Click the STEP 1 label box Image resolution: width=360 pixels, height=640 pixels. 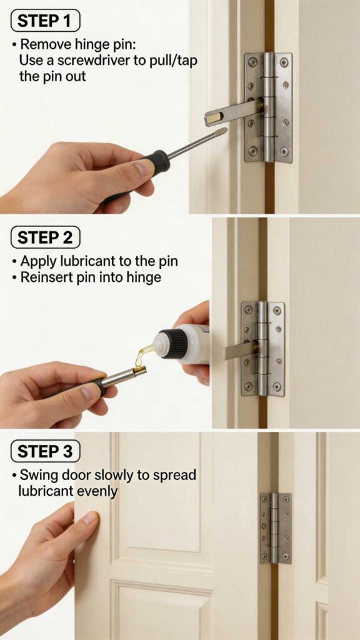(46, 21)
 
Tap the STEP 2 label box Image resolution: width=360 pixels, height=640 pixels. (46, 237)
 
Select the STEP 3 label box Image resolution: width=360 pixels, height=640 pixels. (46, 451)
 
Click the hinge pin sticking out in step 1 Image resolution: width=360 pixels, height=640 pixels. (231, 112)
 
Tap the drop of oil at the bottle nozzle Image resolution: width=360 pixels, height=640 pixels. (142, 356)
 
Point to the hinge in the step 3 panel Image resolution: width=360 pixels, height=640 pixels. (276, 527)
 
